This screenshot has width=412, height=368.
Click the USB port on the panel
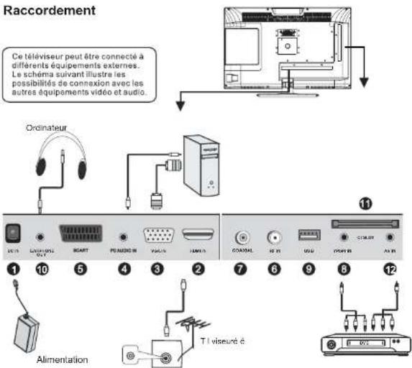(x=309, y=234)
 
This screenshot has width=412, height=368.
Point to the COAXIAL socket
(x=242, y=234)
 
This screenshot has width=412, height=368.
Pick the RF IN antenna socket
(x=274, y=234)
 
